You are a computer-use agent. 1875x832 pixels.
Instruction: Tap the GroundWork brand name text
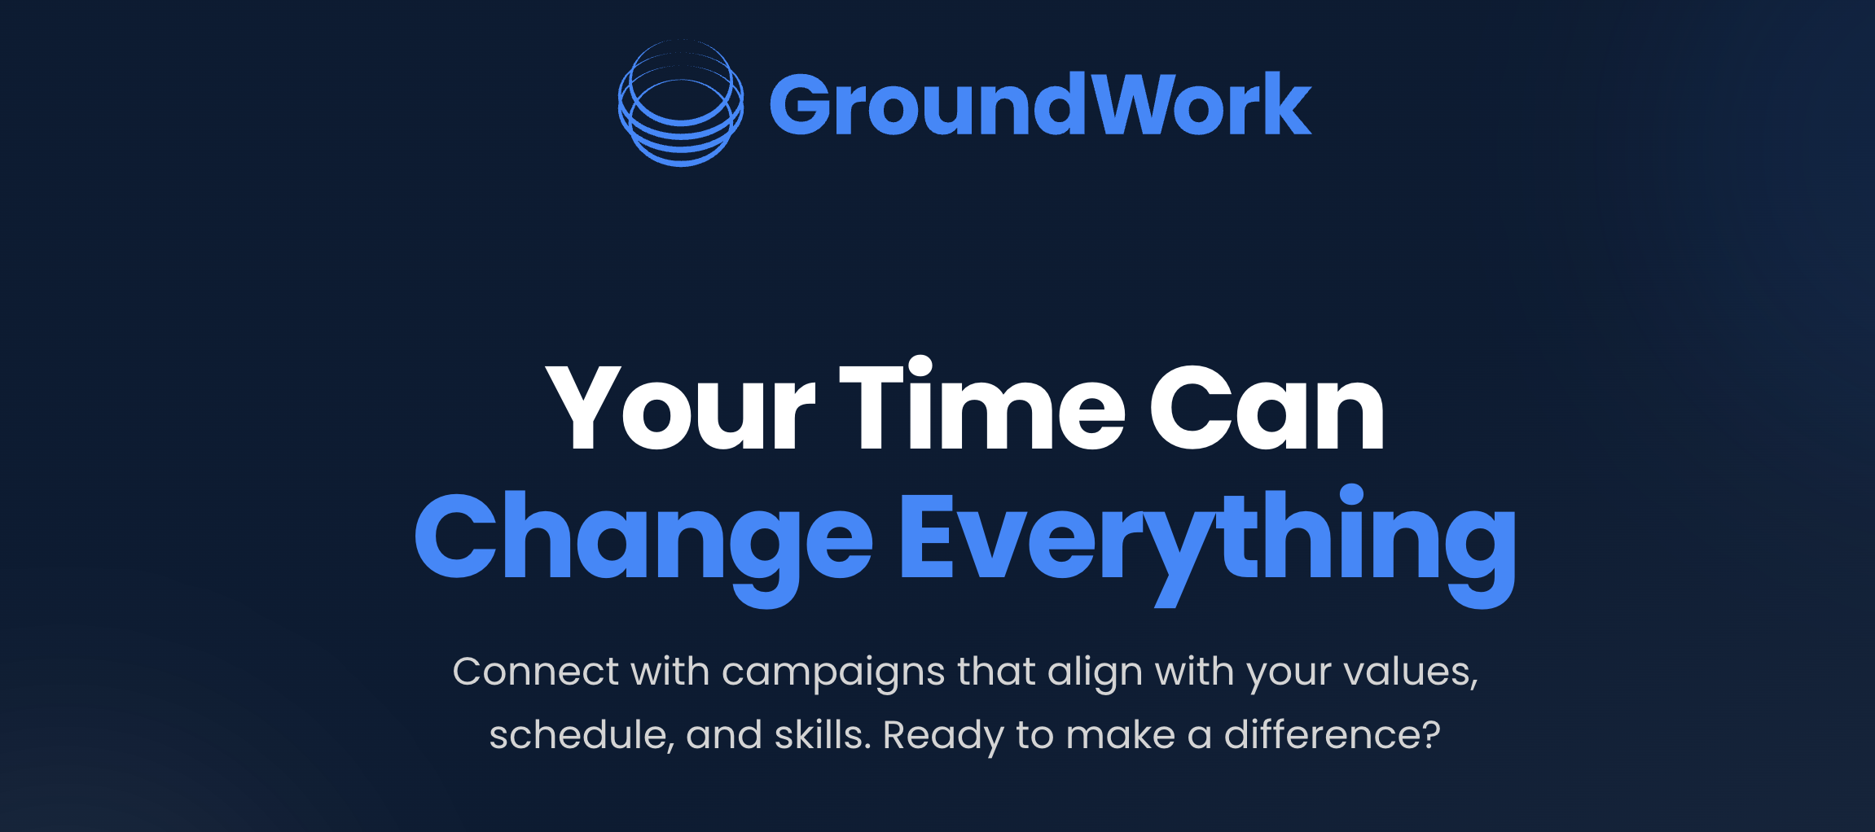click(1040, 104)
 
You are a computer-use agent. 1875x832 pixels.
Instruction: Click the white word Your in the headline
click(680, 407)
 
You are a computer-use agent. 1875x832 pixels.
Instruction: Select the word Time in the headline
click(982, 404)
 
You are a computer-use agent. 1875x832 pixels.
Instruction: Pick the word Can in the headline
click(1267, 407)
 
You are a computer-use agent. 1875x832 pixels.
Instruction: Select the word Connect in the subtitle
click(535, 672)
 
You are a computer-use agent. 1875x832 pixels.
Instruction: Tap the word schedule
click(582, 735)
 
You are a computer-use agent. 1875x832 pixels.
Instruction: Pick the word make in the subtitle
click(1121, 735)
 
